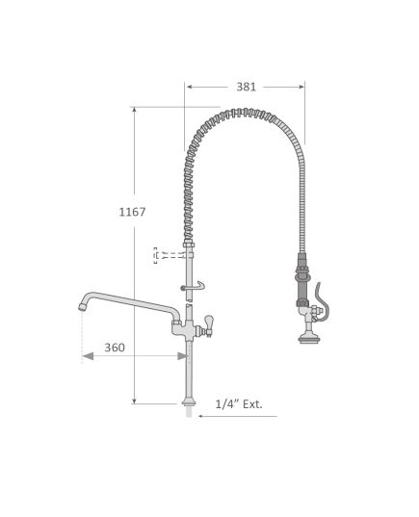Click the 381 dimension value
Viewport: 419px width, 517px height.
247,87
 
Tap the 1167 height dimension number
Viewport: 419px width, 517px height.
132,212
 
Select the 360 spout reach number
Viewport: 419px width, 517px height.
115,348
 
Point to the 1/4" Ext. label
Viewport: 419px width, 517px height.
239,404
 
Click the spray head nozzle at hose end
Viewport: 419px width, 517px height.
307,339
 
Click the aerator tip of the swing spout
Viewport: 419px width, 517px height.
82,307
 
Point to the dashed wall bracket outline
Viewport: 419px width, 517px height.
155,255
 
